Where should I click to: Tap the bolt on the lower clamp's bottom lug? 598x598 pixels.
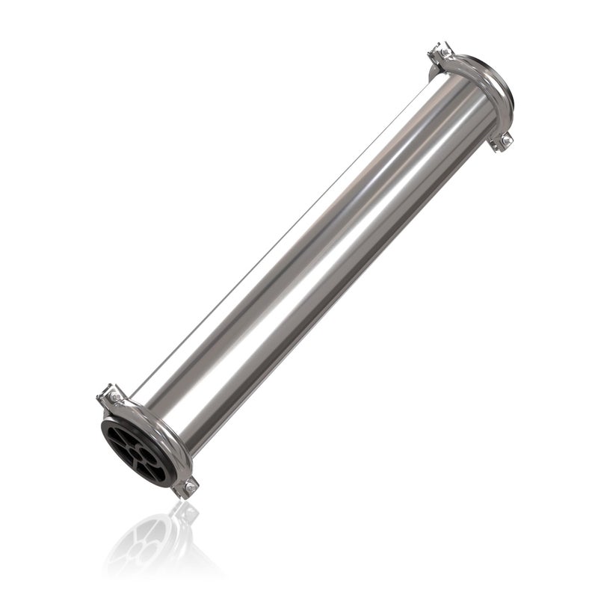[190, 488]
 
